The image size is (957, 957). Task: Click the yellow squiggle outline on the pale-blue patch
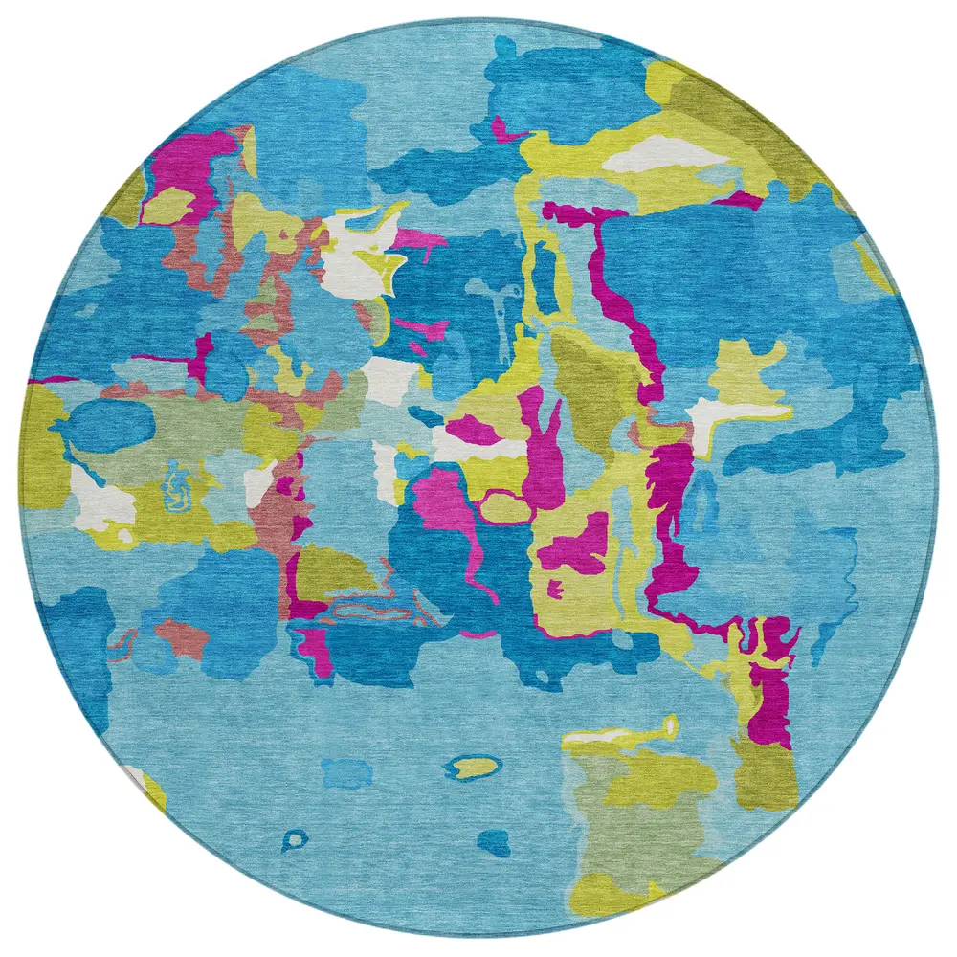coord(176,486)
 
